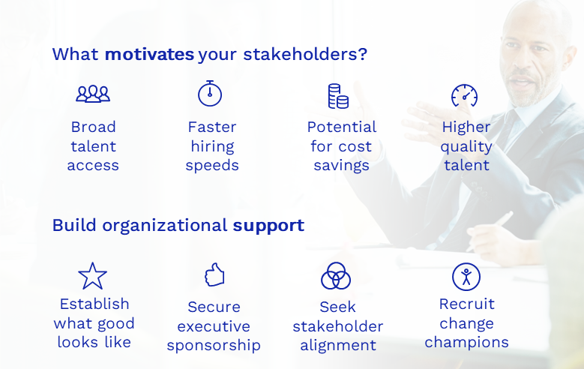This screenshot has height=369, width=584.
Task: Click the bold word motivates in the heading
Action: (149, 55)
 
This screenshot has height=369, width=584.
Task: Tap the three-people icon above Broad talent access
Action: (93, 94)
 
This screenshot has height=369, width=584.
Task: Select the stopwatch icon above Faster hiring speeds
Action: (210, 93)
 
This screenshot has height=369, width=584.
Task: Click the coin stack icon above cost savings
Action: (338, 96)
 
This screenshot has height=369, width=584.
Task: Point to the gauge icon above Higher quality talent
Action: (465, 95)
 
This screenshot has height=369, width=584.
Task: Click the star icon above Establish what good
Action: (93, 276)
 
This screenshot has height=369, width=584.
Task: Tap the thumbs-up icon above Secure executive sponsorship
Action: (214, 275)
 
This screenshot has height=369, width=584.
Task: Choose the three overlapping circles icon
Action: (336, 277)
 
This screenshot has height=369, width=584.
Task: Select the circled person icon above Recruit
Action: (466, 277)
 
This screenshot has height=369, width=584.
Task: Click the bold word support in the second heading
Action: (268, 225)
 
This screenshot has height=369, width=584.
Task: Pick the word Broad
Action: (93, 127)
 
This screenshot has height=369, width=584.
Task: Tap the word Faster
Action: (212, 127)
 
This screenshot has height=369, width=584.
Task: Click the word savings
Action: (341, 166)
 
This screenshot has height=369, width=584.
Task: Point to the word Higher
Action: (466, 127)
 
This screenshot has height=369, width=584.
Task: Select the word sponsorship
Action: (214, 346)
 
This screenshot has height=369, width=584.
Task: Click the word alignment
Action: (338, 346)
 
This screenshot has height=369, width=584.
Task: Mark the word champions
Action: (466, 343)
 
